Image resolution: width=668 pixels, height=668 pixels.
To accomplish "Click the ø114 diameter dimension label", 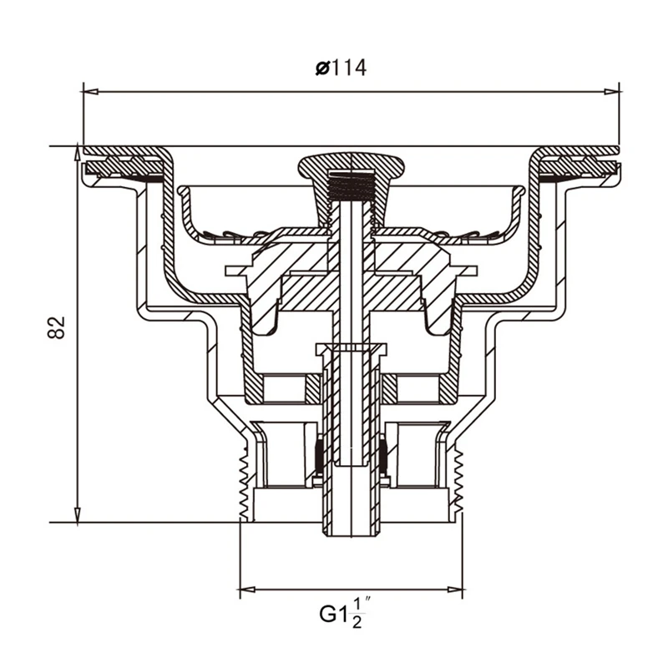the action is (x=341, y=68).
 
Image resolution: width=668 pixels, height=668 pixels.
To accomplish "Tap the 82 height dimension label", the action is (x=56, y=327).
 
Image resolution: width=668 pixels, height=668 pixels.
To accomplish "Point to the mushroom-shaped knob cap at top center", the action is (x=351, y=167).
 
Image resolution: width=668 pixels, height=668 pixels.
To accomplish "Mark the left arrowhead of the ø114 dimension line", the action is (x=91, y=92).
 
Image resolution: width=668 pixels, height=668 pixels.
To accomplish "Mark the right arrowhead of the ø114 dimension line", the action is (x=612, y=92).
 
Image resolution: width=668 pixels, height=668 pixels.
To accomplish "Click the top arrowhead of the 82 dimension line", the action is (x=77, y=154).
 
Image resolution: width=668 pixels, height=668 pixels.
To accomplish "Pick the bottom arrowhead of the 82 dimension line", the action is (x=77, y=514).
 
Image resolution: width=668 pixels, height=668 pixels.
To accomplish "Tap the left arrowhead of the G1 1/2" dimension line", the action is (x=247, y=590).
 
